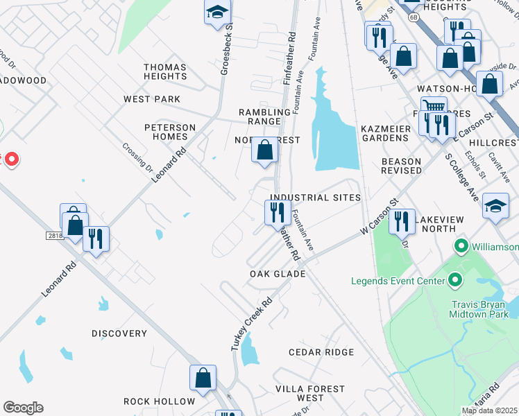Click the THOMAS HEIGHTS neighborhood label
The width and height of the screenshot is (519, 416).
click(x=165, y=72)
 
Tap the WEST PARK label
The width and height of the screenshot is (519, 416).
click(x=152, y=99)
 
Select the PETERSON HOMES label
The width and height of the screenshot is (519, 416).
click(x=170, y=132)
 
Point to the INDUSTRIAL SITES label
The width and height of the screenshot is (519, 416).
click(x=318, y=198)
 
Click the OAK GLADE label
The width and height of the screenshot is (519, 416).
click(x=278, y=274)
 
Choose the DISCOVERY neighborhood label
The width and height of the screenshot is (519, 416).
click(x=119, y=333)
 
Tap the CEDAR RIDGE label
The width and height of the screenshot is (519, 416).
click(x=321, y=352)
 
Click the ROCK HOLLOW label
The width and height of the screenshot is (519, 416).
click(x=160, y=401)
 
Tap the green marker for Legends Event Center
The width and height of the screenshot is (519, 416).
click(x=455, y=280)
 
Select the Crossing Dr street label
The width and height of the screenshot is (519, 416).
click(x=137, y=157)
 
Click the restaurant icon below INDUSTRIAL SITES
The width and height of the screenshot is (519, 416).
click(x=278, y=211)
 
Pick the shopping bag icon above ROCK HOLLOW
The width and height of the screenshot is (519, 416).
click(x=203, y=377)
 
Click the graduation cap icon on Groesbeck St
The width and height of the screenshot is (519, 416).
click(x=217, y=11)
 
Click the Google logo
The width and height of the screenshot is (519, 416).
click(x=23, y=408)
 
